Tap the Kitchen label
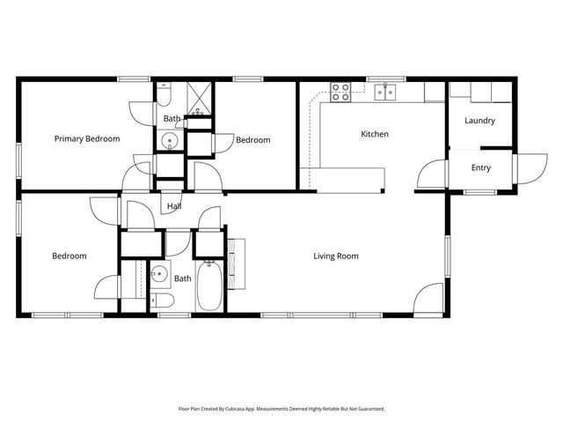375,135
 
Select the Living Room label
336,256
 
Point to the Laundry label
479,121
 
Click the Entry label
480,168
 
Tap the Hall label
174,207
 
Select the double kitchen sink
384,90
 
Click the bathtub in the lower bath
209,286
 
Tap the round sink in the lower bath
159,274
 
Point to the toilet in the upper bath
165,95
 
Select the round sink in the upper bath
169,140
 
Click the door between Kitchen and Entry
433,174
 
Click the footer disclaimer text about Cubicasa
281,408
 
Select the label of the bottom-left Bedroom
69,256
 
